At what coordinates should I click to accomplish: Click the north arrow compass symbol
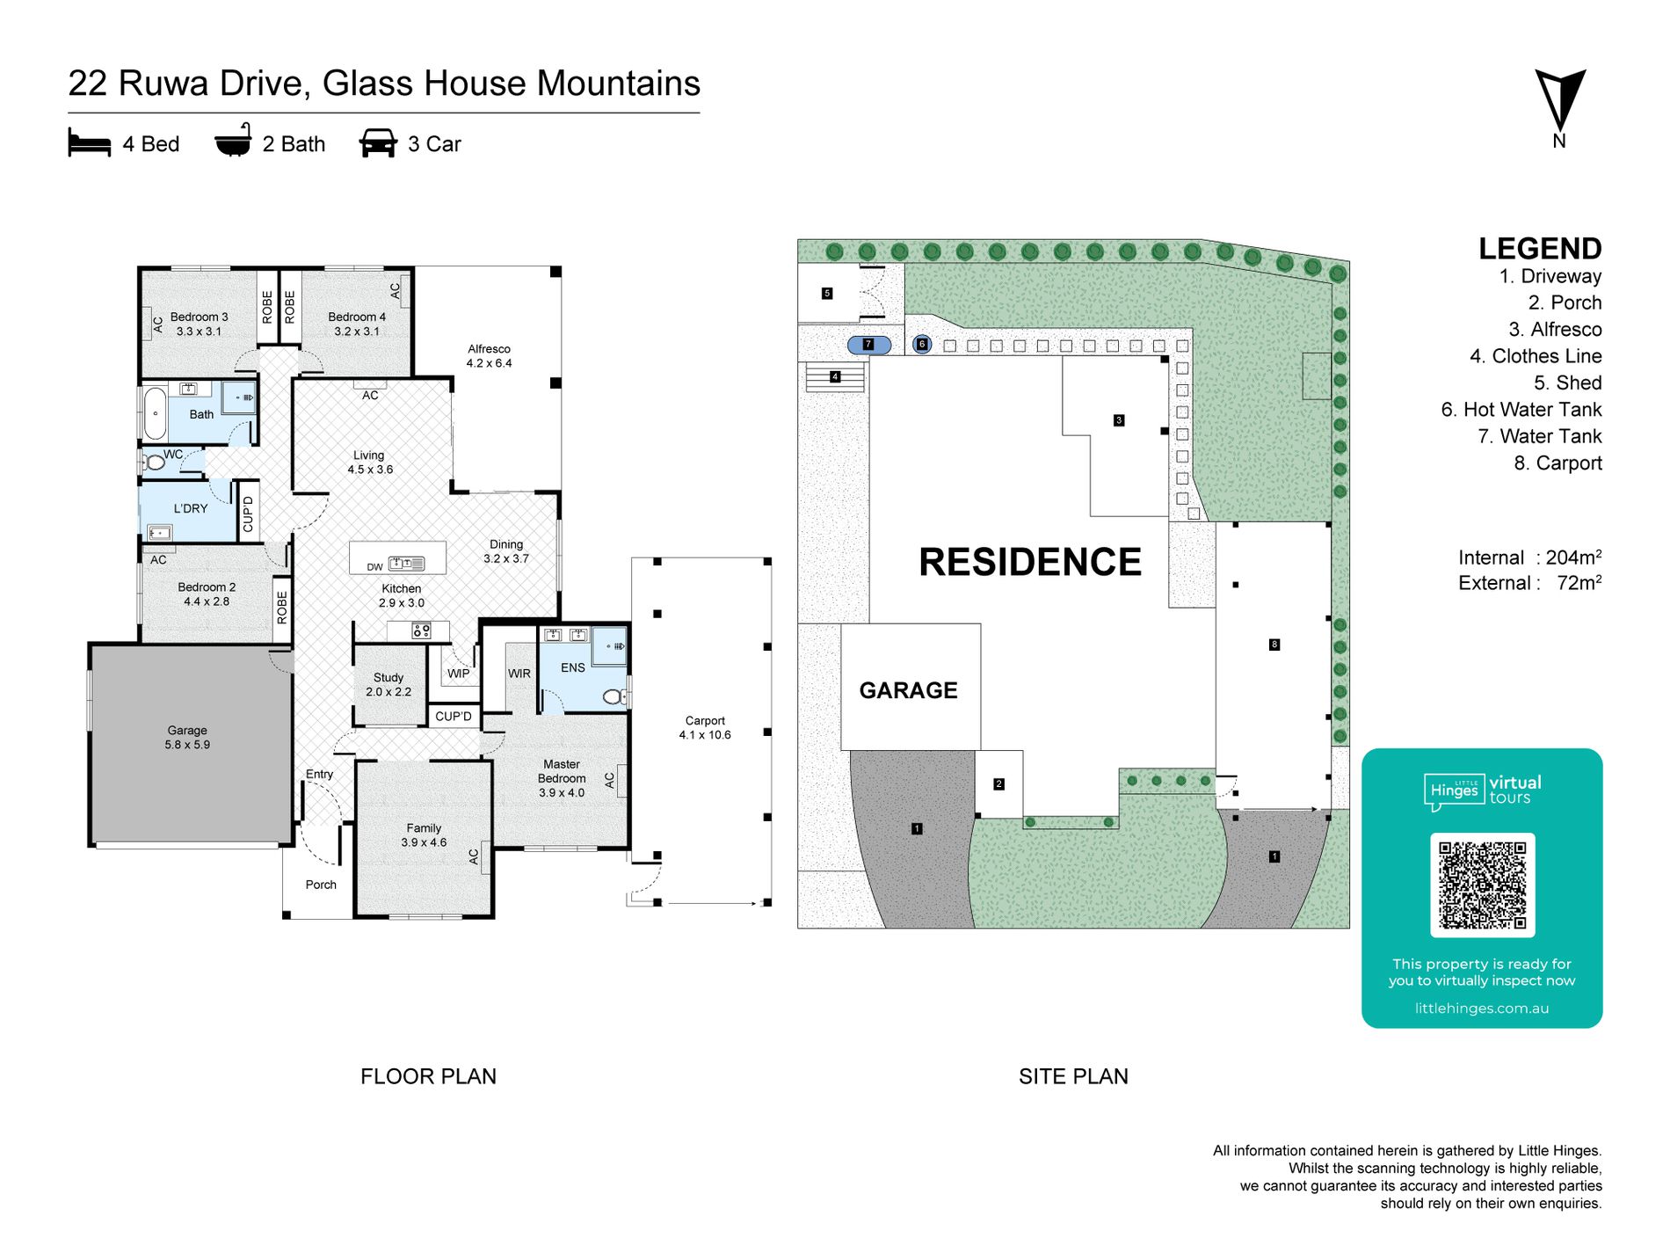coord(1560,101)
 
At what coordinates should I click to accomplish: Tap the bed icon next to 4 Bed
coord(90,143)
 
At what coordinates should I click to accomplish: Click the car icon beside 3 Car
coord(378,143)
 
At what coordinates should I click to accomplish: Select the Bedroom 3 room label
coord(199,324)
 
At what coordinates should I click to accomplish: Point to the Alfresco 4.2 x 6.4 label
coord(489,356)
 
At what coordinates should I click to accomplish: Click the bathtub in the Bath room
coord(156,413)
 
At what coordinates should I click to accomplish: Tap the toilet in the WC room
coord(154,462)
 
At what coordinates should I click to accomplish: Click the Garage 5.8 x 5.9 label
coord(187,737)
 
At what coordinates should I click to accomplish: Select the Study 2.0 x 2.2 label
coord(388,685)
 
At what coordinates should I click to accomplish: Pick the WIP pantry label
coord(459,674)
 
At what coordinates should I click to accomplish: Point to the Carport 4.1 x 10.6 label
coord(705,727)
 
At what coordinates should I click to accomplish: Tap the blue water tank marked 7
coord(869,345)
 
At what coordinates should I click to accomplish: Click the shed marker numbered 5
coord(827,294)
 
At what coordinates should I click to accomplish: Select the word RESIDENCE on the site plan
coord(1030,562)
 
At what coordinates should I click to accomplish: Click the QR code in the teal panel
coord(1483,885)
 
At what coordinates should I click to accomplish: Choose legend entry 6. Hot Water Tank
coord(1521,410)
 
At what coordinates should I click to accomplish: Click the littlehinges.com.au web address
coord(1482,1009)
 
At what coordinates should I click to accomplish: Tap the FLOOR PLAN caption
coord(428,1076)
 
